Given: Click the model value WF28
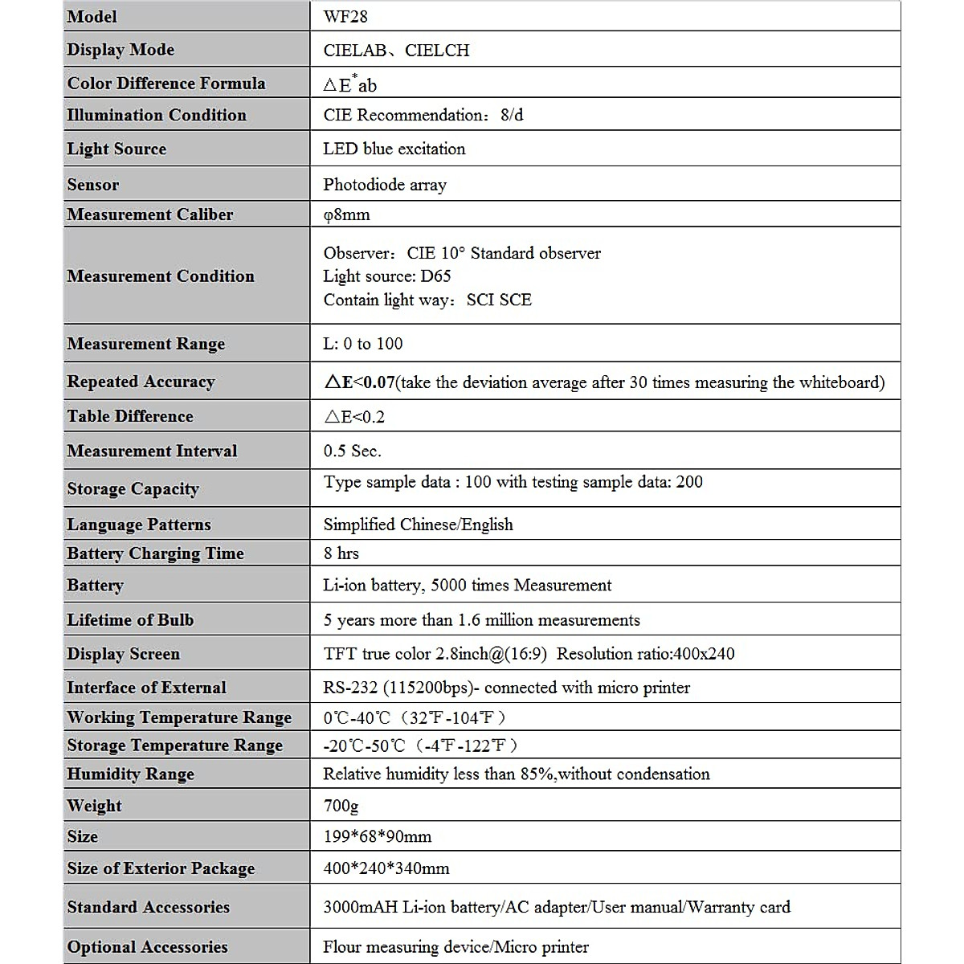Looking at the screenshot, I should point(345,16).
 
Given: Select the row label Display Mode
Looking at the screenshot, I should point(120,50).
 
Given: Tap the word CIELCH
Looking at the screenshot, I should point(437,51).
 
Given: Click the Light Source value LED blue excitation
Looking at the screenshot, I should point(394,149).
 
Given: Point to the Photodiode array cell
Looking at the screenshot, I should point(385,185).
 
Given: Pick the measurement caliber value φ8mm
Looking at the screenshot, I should point(346,214).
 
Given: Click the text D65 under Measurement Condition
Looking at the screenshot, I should point(435,276).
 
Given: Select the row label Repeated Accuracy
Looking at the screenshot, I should point(141,382).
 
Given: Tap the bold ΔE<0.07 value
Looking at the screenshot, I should point(359,382).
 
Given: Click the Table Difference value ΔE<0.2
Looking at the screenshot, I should point(354,416).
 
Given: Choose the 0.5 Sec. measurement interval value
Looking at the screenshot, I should point(352,451).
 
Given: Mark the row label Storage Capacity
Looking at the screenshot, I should point(133,488).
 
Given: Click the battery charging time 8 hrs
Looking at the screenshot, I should point(341,553).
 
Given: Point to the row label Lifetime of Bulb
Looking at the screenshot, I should point(130,620).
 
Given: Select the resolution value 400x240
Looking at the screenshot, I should point(704,654).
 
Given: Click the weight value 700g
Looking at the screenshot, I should point(341,806).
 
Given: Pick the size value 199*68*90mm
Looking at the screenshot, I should point(378,837).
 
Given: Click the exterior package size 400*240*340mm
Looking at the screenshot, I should point(386,868).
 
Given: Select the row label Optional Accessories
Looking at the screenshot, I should point(147,947).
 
